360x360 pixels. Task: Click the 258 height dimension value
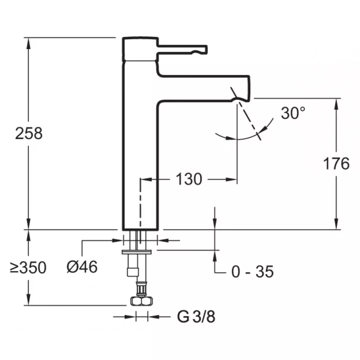(x=29, y=133)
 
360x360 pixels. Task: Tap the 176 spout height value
(x=336, y=164)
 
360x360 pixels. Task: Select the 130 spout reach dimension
(x=189, y=179)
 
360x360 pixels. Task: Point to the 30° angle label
(x=293, y=113)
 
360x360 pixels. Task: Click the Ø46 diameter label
(x=82, y=267)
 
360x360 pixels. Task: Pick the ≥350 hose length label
(x=28, y=268)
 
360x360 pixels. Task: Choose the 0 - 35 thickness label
(x=252, y=271)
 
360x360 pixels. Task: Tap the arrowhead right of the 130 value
(x=232, y=180)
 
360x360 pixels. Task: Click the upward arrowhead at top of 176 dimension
(x=336, y=103)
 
